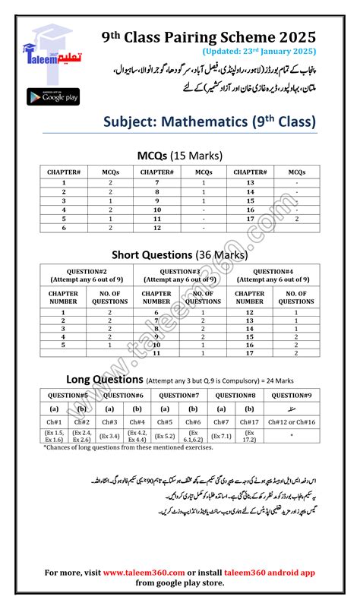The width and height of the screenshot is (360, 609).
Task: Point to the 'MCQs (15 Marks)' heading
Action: (x=180, y=156)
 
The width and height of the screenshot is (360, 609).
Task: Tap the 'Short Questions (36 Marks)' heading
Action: (x=179, y=254)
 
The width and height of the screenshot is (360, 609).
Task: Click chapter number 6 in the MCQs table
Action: (x=64, y=227)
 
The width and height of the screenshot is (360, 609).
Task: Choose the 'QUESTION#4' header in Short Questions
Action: (x=274, y=271)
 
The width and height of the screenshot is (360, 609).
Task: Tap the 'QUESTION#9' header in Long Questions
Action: (x=291, y=395)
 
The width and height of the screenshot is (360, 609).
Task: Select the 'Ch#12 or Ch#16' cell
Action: (x=291, y=421)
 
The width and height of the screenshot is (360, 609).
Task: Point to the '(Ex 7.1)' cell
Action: (x=221, y=436)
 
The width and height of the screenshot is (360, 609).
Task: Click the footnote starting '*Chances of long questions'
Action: (x=129, y=448)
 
